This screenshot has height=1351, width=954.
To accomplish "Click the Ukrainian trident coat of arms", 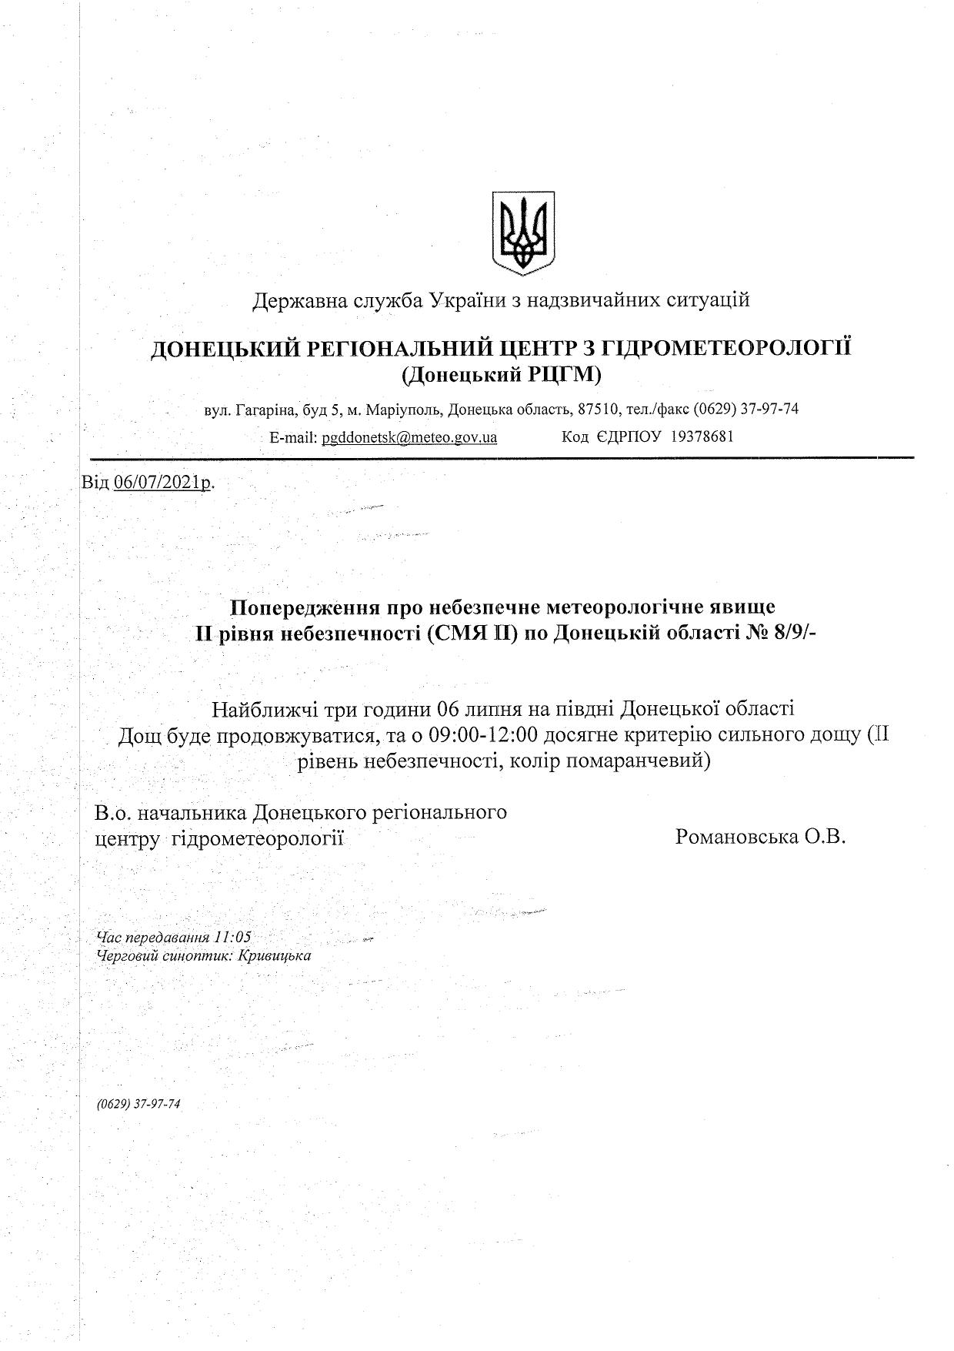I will click(523, 233).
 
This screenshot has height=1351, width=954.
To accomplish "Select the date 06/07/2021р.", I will click(163, 483).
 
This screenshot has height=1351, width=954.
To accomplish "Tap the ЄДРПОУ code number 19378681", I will click(702, 437).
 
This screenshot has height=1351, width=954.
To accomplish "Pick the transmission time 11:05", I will click(234, 937).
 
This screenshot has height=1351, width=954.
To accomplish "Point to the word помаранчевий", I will click(649, 761).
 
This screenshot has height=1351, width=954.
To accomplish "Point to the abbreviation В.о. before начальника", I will click(112, 812).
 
